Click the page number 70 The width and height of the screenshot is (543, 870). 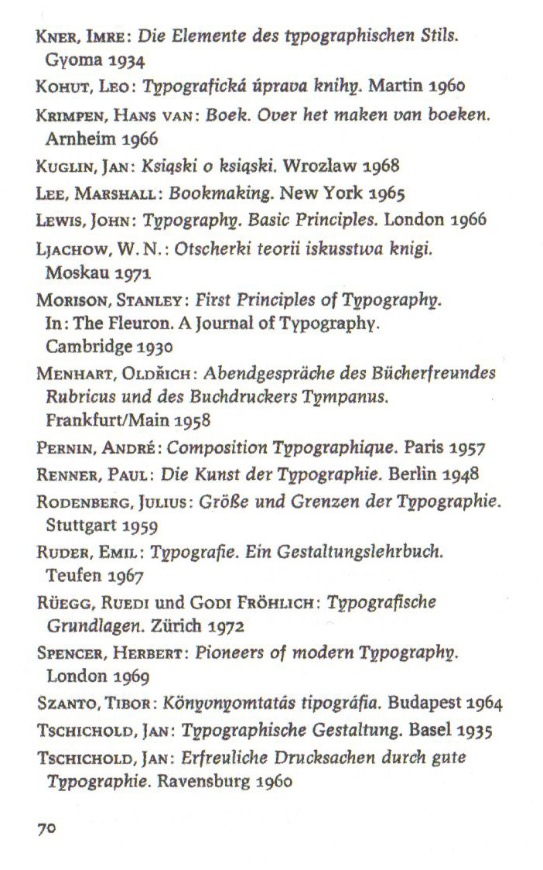pyautogui.click(x=46, y=827)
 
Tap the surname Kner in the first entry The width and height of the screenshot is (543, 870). pyautogui.click(x=54, y=36)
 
